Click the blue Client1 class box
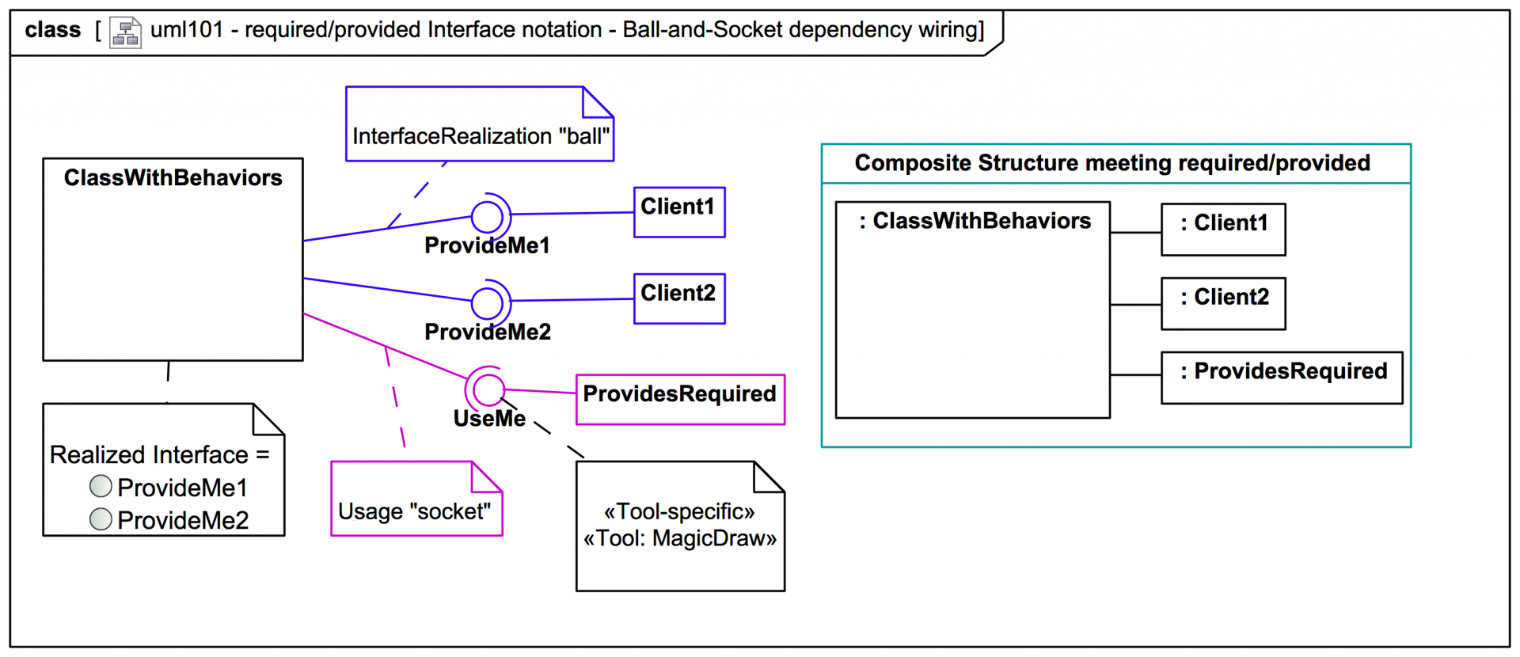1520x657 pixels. (x=679, y=212)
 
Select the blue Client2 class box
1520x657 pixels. (x=679, y=298)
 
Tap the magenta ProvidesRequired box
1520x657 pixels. (x=680, y=399)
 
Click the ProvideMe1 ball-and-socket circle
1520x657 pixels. (x=487, y=216)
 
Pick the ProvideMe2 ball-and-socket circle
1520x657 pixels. (x=487, y=302)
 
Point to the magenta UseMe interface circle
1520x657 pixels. (x=488, y=389)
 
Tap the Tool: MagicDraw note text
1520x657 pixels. (x=680, y=538)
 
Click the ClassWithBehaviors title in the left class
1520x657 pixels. (x=173, y=178)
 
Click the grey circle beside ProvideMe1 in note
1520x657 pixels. (x=101, y=486)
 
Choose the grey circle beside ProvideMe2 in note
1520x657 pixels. (x=101, y=518)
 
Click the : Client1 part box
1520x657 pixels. (x=1222, y=230)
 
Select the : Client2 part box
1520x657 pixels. (x=1222, y=303)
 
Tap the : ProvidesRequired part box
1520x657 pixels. (x=1281, y=378)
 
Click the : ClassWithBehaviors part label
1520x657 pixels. (x=975, y=221)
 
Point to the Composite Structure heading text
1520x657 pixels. (x=1111, y=163)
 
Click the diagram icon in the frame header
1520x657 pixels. (x=125, y=32)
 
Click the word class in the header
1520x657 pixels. (x=52, y=30)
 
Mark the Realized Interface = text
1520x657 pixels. (x=159, y=454)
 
